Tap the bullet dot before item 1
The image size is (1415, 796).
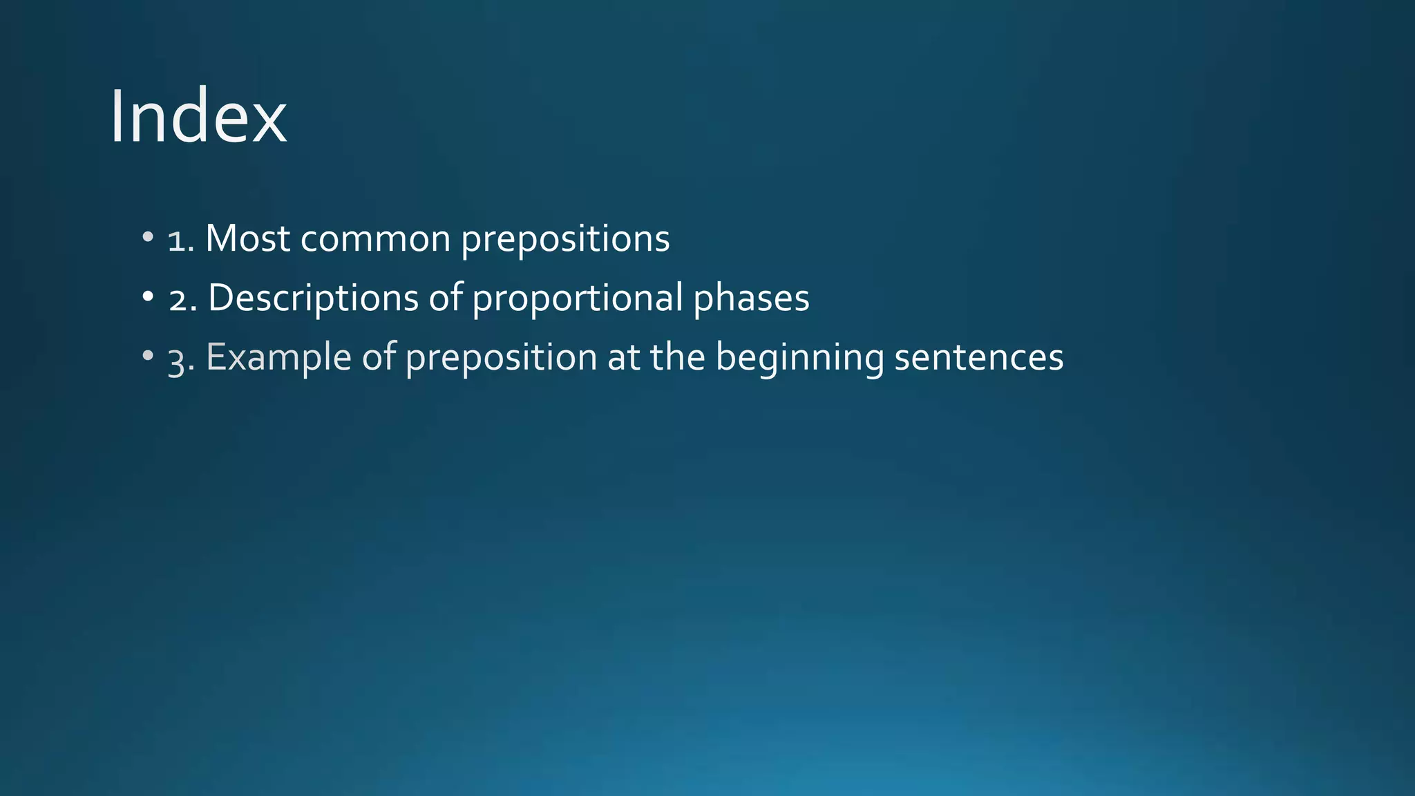tap(147, 237)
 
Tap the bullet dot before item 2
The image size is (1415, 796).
tap(147, 296)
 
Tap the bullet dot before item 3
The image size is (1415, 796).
tap(147, 356)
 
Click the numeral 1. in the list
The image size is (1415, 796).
tap(181, 240)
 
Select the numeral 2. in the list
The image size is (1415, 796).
tap(183, 299)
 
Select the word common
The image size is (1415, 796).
tap(375, 240)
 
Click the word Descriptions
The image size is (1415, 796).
tap(313, 299)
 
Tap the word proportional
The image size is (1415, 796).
tap(578, 299)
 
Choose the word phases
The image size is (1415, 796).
tap(751, 299)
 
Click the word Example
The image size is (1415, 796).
tap(278, 359)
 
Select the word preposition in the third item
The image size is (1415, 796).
tap(501, 359)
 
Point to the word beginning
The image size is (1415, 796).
tap(799, 359)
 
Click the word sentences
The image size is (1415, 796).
tap(978, 358)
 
